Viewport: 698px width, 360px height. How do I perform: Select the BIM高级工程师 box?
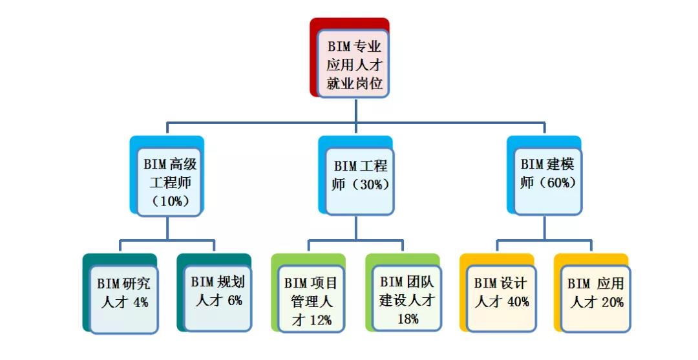pyautogui.click(x=170, y=182)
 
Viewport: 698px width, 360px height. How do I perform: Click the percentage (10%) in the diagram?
pyautogui.click(x=171, y=200)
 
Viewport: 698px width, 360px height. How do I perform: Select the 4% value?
pyautogui.click(x=142, y=302)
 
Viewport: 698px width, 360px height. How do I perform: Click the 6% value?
pyautogui.click(x=235, y=301)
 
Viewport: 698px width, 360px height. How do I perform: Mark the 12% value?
pyautogui.click(x=321, y=319)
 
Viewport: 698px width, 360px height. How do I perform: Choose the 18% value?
pyautogui.click(x=408, y=319)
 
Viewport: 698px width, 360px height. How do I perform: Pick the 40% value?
pyautogui.click(x=517, y=302)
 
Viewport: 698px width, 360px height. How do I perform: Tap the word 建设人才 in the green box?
pyautogui.click(x=407, y=301)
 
